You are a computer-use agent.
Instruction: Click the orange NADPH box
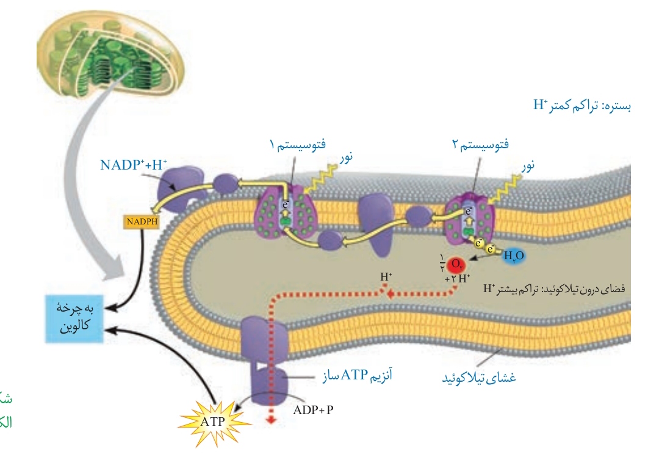coord(140,223)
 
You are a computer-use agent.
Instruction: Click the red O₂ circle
coord(455,265)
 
